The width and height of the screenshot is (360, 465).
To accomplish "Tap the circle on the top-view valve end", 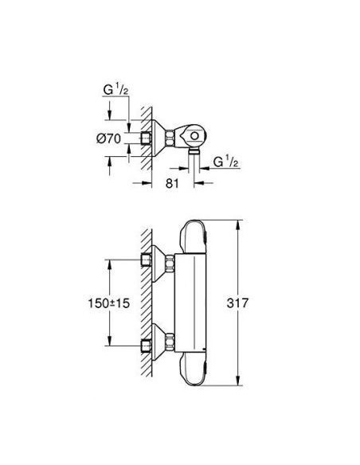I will pos(194,136).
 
